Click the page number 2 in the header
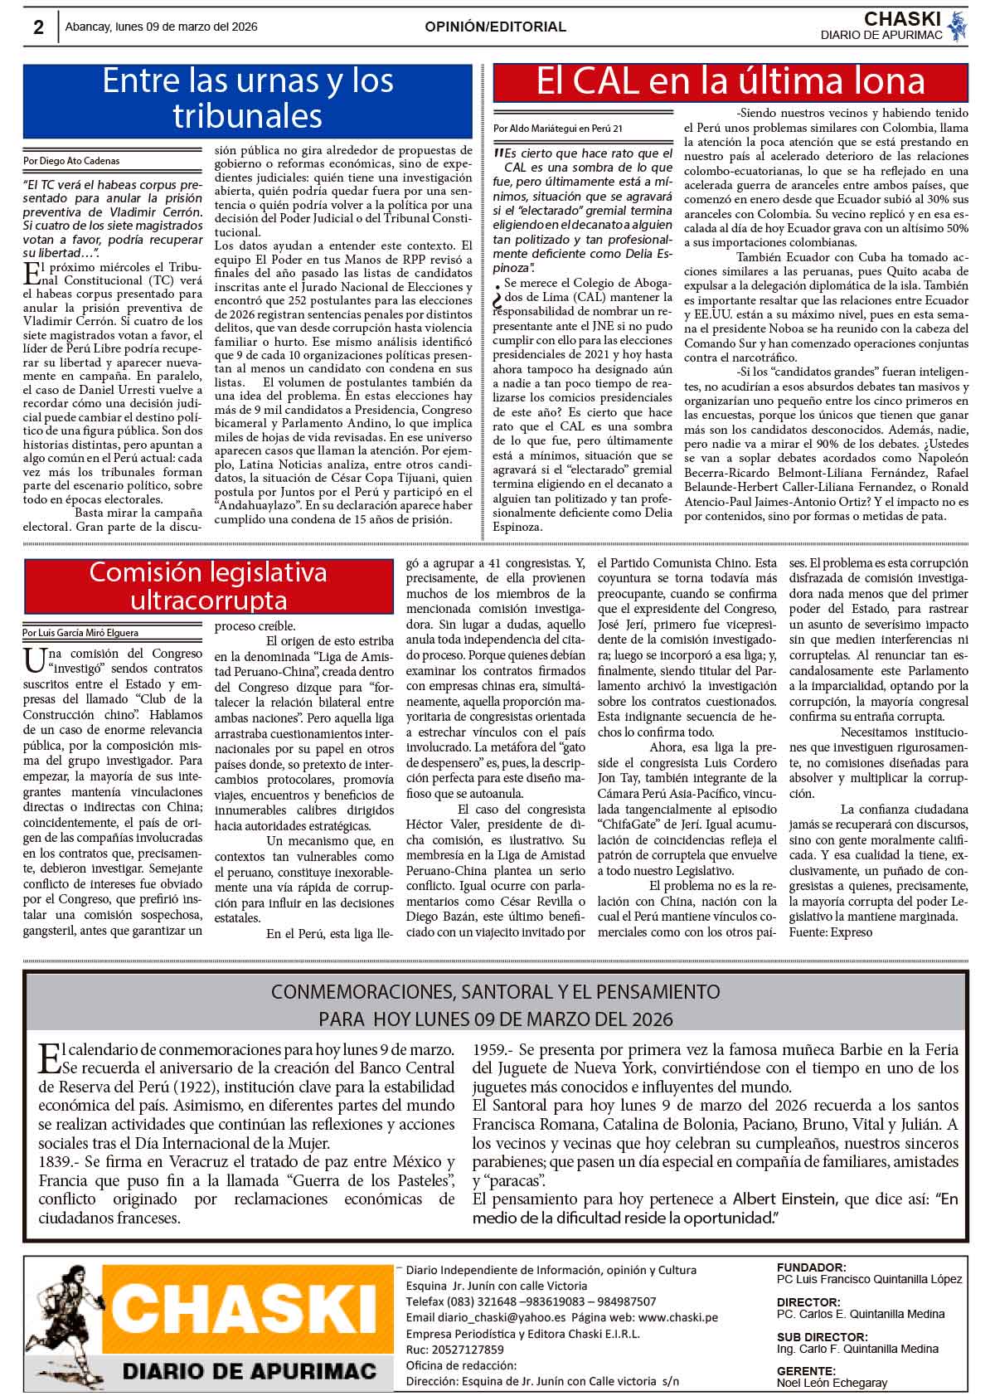[x=38, y=27]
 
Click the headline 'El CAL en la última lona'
[x=730, y=81]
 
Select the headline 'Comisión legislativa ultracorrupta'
[x=208, y=586]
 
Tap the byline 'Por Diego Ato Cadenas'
[x=71, y=161]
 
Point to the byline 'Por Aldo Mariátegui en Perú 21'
[x=557, y=129]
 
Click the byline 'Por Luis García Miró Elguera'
[x=80, y=633]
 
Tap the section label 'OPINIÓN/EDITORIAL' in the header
[x=495, y=27]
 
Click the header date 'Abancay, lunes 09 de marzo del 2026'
[x=162, y=27]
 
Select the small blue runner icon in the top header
[x=958, y=26]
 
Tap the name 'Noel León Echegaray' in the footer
[x=832, y=1383]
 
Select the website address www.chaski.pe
[x=678, y=1318]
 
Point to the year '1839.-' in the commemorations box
[x=60, y=1161]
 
